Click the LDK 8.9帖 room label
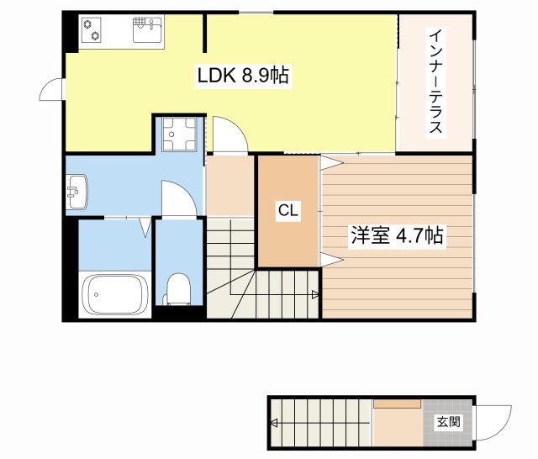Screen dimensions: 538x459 tap(243, 76)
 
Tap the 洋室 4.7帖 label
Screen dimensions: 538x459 tap(397, 235)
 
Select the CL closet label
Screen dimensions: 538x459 tap(288, 210)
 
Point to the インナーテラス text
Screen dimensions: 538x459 tap(435, 82)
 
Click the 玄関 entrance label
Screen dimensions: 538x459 tap(448, 421)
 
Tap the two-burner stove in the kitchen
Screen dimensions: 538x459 tap(92, 30)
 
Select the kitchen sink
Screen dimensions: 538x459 tap(147, 30)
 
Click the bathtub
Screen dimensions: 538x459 tap(115, 294)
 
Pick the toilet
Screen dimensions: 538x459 tap(177, 289)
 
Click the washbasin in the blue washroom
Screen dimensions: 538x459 tap(76, 192)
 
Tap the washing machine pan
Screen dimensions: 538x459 tap(179, 135)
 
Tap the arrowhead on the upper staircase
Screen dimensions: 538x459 tap(315, 294)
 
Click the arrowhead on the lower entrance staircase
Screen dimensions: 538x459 tap(274, 423)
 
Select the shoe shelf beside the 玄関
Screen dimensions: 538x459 tap(398, 404)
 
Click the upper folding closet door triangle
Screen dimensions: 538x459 tap(332, 162)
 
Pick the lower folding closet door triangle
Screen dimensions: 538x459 tap(332, 260)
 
